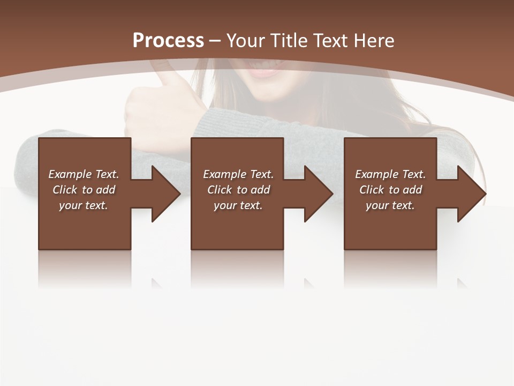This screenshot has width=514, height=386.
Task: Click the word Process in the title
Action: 168,41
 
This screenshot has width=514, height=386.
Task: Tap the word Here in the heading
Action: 374,41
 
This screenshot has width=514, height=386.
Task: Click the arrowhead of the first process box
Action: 165,194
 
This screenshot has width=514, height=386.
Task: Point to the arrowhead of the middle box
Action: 318,194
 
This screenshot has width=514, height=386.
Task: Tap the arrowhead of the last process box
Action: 471,194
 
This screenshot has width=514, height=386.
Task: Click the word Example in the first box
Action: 70,174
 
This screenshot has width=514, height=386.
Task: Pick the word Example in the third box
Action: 376,174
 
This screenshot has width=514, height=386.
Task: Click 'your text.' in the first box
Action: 84,205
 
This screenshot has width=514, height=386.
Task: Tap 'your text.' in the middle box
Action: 238,205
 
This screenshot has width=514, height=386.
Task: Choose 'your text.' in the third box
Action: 390,205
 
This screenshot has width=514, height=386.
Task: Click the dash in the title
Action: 215,41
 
